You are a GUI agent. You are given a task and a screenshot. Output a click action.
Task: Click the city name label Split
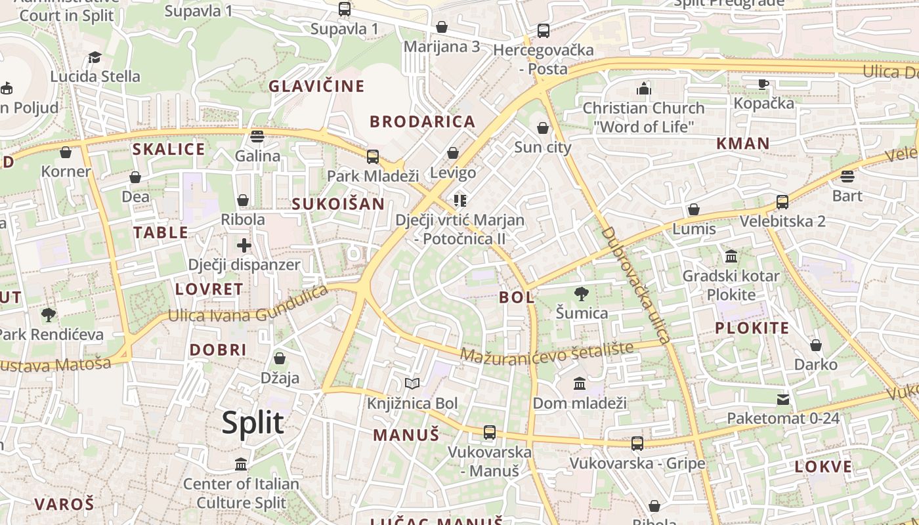tap(253, 423)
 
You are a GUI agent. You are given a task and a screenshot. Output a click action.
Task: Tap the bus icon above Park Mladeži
tap(373, 157)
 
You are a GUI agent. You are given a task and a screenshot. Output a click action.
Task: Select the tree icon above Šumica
tap(581, 293)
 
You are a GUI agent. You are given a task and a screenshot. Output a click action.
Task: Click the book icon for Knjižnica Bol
tap(412, 384)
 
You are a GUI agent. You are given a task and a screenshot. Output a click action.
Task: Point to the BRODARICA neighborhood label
tap(422, 121)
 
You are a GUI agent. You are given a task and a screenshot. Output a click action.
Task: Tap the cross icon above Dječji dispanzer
tap(244, 246)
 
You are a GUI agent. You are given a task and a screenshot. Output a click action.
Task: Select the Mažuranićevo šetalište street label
tap(547, 352)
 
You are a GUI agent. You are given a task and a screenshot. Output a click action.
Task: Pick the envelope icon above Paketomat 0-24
tap(783, 399)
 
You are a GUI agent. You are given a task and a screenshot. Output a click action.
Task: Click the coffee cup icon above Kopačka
tap(763, 84)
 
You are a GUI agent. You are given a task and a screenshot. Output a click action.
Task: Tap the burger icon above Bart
tap(847, 177)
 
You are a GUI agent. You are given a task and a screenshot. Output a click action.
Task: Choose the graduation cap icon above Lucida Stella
tap(95, 58)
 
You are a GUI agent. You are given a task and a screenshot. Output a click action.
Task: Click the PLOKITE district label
tap(752, 328)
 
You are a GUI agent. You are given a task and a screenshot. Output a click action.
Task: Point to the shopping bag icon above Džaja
tap(280, 358)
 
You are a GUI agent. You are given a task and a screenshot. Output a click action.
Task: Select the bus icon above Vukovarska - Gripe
tap(637, 444)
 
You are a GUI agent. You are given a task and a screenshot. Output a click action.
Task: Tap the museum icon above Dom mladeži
tap(580, 383)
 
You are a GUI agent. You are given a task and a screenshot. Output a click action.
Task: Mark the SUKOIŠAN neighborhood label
tap(338, 203)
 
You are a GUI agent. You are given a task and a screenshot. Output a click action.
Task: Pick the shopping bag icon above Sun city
tap(543, 128)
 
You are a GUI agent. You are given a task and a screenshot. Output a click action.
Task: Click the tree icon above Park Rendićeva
tap(49, 315)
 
